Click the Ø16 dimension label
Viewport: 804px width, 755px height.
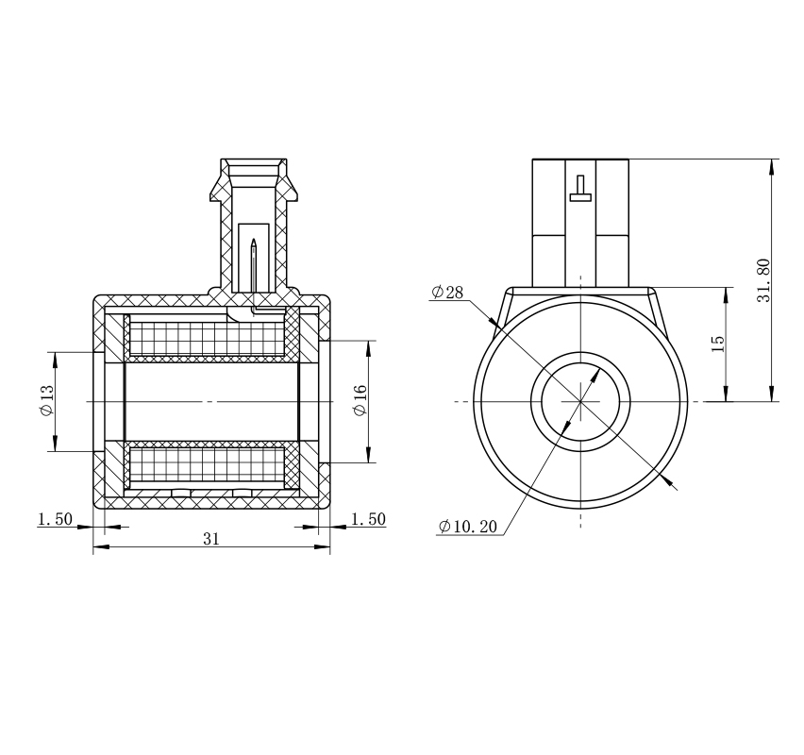360,400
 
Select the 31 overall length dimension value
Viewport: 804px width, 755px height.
211,539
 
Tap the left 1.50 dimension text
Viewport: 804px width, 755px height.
55,519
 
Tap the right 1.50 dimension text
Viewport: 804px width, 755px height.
368,519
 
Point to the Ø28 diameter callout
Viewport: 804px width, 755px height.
447,293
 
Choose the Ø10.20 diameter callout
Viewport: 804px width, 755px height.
468,527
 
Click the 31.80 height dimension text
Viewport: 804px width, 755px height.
763,280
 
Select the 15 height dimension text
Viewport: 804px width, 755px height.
718,344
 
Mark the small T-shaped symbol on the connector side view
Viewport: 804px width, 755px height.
580,188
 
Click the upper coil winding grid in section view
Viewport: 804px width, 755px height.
207,339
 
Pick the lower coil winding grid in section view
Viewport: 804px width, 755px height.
207,464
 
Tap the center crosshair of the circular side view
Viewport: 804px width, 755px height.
580,402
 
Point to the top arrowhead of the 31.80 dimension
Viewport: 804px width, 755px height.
772,167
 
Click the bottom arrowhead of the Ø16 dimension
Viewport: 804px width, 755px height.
368,455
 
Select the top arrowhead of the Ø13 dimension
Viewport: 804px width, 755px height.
56,361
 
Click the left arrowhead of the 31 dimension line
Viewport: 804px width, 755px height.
101,547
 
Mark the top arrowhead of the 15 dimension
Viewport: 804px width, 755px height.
726,295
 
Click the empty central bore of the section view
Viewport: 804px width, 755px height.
211,402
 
